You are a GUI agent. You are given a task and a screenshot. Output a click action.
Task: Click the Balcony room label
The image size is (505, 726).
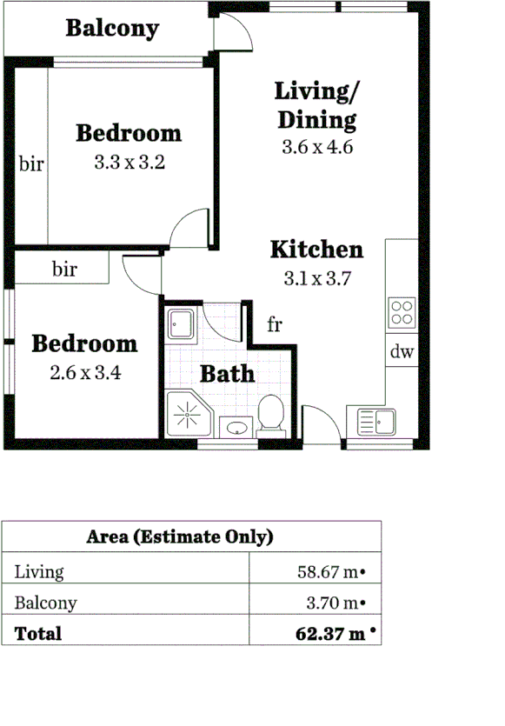point(112,28)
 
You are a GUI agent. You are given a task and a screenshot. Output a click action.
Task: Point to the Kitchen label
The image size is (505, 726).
point(316,250)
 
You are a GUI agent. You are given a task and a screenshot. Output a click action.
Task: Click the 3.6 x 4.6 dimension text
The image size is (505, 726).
point(316,147)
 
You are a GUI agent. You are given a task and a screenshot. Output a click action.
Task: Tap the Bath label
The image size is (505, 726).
point(228,374)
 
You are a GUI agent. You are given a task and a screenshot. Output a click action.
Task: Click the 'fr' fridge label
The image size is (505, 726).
point(275,325)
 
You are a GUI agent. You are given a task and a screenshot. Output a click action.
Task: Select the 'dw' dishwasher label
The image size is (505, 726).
point(401,352)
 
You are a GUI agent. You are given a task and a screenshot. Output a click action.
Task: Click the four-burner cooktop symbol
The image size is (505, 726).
point(402,311)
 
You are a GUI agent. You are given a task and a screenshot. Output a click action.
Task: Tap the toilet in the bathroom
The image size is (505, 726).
point(272,414)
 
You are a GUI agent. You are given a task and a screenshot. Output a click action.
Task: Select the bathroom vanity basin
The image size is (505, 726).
point(235,427)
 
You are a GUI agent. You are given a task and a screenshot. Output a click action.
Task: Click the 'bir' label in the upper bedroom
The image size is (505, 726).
point(31,163)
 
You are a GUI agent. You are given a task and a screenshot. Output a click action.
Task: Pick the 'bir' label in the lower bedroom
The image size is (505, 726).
point(64,270)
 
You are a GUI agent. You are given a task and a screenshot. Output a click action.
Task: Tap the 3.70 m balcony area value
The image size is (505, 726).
point(334,603)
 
